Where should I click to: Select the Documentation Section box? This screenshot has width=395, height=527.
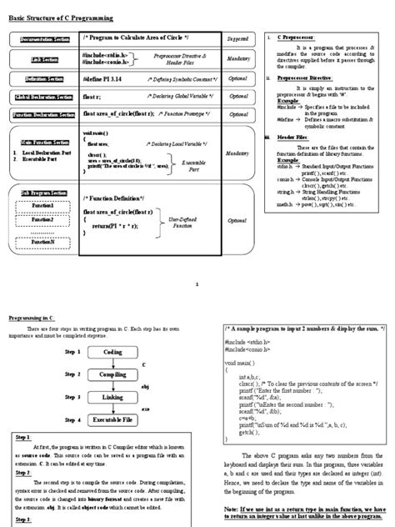39,39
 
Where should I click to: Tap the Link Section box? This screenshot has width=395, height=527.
39,60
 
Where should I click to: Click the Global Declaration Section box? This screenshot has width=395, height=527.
39,97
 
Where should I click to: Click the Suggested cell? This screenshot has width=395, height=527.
237,38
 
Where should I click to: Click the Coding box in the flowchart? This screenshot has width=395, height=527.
113,352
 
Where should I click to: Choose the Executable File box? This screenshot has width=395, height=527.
113,419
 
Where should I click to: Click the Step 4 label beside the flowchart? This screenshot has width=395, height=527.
73,419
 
